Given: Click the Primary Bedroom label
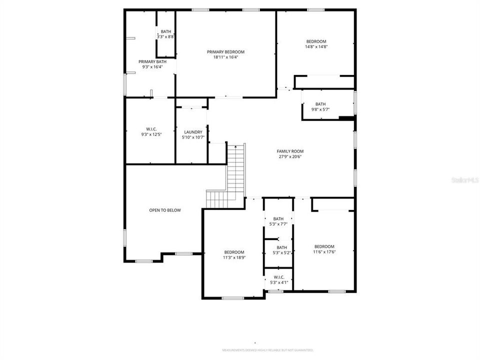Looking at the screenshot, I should coord(225,52).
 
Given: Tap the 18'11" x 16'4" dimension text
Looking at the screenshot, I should coord(225,57).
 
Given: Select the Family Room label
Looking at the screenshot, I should coord(290,151).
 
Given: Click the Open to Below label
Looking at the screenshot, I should coord(165,210).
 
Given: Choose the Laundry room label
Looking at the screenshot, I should coord(193,132).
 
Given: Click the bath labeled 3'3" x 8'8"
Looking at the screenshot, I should coord(165,34).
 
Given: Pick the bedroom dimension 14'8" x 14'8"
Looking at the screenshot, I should coord(316,46).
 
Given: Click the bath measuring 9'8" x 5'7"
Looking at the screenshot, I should coord(320,106).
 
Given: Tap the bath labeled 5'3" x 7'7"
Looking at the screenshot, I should coord(278,221).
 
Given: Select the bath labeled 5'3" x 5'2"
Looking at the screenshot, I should coord(282,250).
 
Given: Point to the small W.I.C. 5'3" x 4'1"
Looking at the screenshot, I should coord(278,279).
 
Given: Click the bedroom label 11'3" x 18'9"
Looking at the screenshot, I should coord(234,254).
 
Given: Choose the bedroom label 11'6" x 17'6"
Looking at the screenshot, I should coord(324,249).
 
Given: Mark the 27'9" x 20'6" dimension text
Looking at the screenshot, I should coord(290,156).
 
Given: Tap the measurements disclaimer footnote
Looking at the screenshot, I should coord(267,350).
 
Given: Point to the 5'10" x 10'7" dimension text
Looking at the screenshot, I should coord(193,137).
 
